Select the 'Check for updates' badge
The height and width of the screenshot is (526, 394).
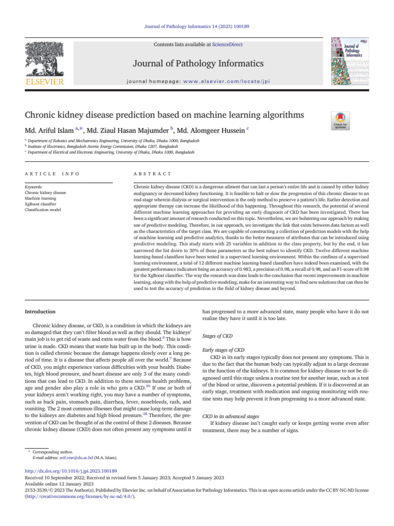point(341,119)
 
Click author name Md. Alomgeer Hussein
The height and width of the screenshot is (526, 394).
point(210,131)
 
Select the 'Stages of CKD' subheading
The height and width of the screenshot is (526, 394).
point(218,335)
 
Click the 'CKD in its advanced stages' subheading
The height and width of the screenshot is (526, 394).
point(231,416)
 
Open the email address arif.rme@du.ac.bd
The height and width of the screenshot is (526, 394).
point(76,457)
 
